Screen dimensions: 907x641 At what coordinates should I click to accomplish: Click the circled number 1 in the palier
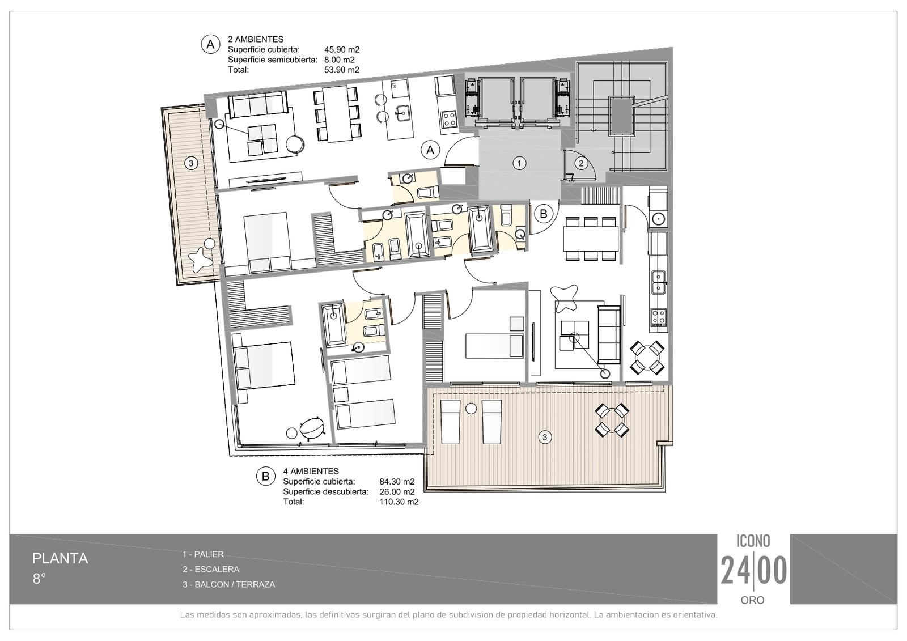click(519, 163)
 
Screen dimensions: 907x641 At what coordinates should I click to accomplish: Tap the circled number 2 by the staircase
click(581, 163)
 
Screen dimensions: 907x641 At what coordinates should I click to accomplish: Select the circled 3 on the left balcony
click(190, 164)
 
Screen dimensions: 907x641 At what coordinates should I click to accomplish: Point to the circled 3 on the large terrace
click(545, 437)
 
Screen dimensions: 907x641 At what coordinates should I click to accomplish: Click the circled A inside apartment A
click(430, 150)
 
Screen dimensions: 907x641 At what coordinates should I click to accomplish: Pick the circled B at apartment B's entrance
click(544, 214)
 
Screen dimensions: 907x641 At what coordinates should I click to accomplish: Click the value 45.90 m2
click(342, 50)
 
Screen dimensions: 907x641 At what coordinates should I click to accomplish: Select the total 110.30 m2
click(399, 502)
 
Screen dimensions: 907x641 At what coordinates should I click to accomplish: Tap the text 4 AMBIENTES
click(311, 472)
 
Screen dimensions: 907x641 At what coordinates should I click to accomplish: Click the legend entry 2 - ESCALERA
click(210, 570)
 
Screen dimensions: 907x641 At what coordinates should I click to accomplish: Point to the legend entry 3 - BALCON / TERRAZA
click(228, 584)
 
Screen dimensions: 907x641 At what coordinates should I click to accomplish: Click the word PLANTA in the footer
click(60, 558)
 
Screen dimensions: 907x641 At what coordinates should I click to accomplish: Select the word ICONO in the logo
click(753, 541)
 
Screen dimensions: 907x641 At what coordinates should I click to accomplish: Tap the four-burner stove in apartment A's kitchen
click(448, 120)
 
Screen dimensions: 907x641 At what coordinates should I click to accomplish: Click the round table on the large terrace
click(612, 420)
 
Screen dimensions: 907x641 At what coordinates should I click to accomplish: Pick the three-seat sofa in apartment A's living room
click(257, 104)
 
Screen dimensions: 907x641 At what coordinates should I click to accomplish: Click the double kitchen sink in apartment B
click(658, 282)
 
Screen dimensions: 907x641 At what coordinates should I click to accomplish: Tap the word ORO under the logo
click(752, 600)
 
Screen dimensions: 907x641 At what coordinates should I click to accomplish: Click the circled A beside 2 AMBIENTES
click(210, 44)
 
